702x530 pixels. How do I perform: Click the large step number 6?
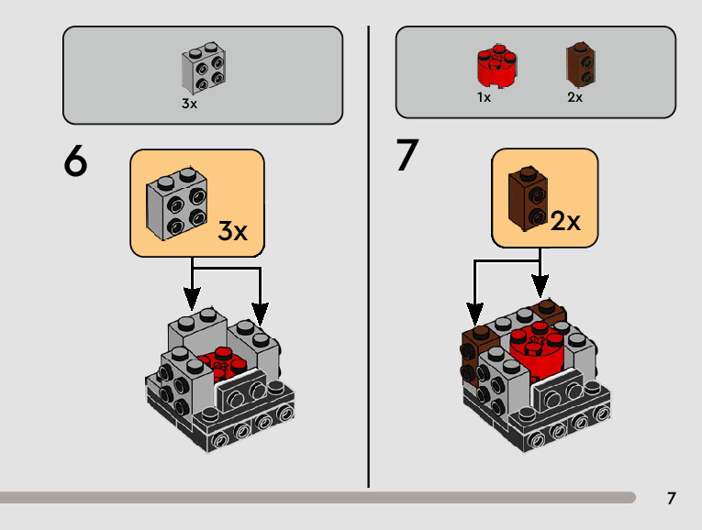coord(76,162)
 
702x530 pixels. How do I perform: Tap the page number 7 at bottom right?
coord(672,499)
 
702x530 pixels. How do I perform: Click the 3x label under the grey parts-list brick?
coord(189,105)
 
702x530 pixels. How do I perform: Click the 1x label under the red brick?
coord(484,98)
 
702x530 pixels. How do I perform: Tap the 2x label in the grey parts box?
coord(574,98)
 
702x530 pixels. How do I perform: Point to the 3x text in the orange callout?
coord(233,231)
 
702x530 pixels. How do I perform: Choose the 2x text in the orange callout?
coord(566,221)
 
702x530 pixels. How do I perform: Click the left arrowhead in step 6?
coord(192,299)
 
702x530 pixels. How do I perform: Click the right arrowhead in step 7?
coord(541,286)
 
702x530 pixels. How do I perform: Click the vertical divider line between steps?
coord(369,257)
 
